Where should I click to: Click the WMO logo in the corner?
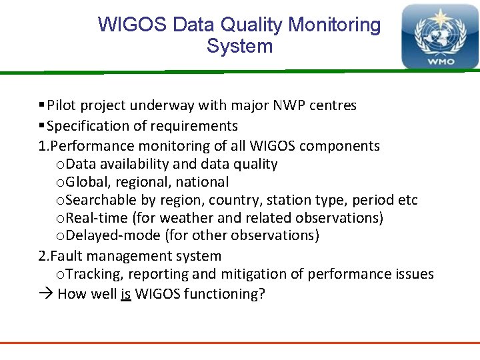coord(439,37)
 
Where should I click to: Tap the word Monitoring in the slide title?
coord(334,25)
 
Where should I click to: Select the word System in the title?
coord(239,47)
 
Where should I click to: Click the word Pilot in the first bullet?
coord(61,105)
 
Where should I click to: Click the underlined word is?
coord(125,294)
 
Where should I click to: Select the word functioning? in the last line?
coord(225,294)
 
